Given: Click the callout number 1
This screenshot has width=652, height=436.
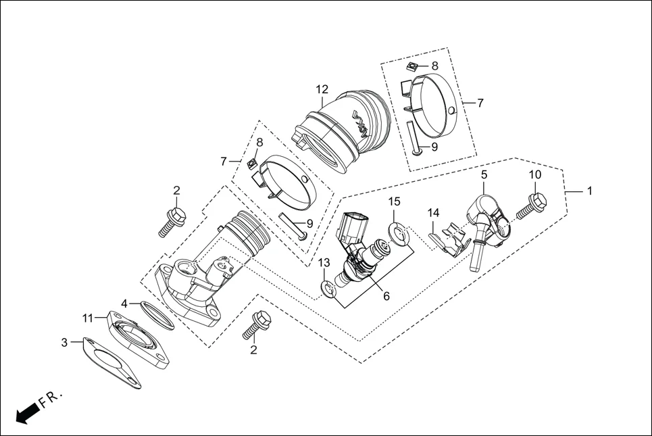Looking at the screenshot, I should pyautogui.click(x=589, y=191).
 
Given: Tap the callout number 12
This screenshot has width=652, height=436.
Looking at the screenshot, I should pyautogui.click(x=322, y=89).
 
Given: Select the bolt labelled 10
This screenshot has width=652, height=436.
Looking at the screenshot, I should pyautogui.click(x=531, y=206).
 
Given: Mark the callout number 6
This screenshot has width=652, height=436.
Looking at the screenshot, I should pyautogui.click(x=386, y=295).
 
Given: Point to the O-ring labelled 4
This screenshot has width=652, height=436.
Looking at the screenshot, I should pyautogui.click(x=157, y=314).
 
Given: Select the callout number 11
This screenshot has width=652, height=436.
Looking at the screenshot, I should pyautogui.click(x=88, y=318).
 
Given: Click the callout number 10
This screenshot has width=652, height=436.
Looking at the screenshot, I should pyautogui.click(x=534, y=174).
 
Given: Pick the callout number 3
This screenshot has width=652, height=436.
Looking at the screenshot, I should pyautogui.click(x=64, y=343).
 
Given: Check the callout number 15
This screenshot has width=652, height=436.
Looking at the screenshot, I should pyautogui.click(x=394, y=201).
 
